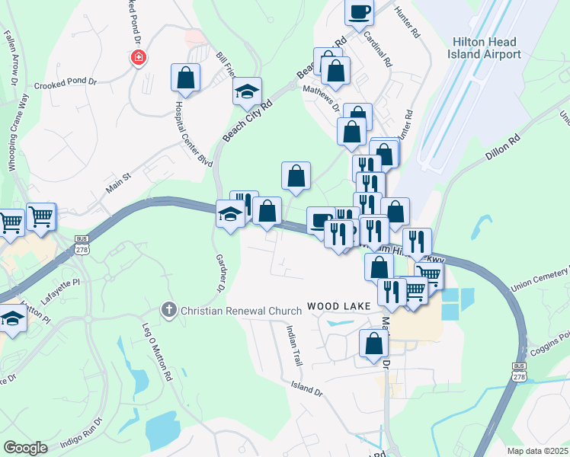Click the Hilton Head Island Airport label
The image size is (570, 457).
coord(486,48)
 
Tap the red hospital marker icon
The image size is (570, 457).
coord(138,57)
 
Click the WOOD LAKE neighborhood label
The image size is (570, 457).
coord(338,306)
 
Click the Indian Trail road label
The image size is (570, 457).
coord(294,347)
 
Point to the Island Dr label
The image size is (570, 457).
coord(306,388)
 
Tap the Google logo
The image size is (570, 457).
coord(25,448)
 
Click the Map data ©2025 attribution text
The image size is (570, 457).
coord(537,451)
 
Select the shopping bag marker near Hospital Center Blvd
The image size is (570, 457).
coord(185,77)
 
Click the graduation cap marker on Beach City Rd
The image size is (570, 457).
coord(247,91)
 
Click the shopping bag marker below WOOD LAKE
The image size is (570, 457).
coord(373,344)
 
